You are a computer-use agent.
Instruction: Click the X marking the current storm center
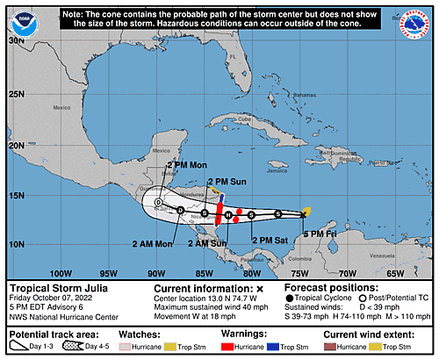click(x=304, y=214)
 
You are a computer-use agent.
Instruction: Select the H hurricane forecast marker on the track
click(x=228, y=214)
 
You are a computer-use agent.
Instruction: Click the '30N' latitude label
click(x=14, y=40)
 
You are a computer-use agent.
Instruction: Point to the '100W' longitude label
click(x=60, y=273)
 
